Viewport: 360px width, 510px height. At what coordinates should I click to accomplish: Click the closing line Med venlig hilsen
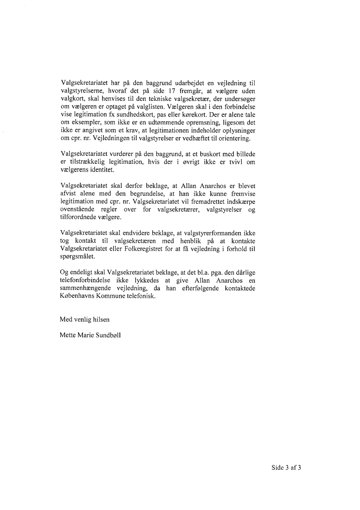click(x=85, y=319)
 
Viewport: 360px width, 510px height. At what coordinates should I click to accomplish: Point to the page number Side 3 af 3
click(x=287, y=468)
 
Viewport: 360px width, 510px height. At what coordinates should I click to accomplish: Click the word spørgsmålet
click(x=76, y=257)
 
